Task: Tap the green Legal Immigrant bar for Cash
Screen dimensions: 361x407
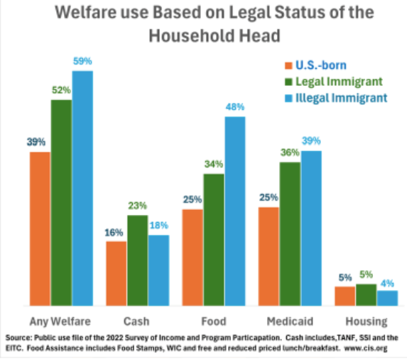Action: tap(138, 260)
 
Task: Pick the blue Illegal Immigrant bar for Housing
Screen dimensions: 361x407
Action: tap(388, 297)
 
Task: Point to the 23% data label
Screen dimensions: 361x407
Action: tap(138, 206)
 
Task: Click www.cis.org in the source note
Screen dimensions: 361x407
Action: tap(374, 349)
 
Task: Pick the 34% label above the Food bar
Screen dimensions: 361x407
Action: tap(214, 165)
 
